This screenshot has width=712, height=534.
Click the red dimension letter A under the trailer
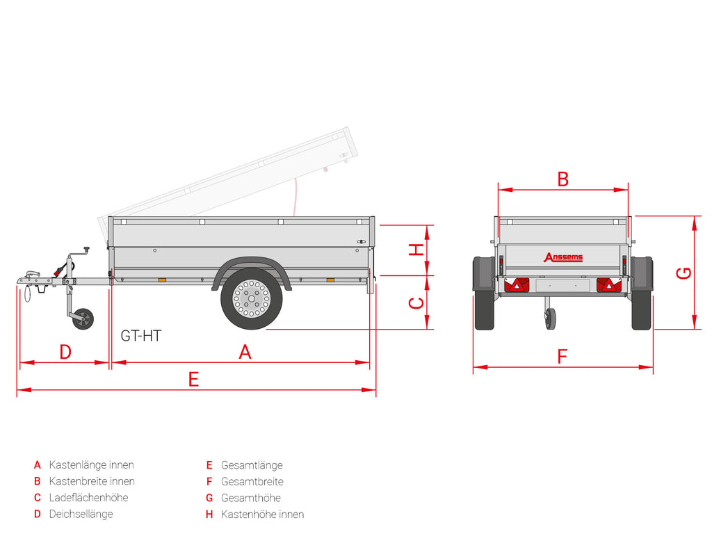point(245,352)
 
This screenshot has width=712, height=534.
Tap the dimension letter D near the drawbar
point(65,352)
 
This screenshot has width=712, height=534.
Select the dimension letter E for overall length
point(193,379)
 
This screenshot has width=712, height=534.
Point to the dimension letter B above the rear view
point(563,179)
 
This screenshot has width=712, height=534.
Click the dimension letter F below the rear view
point(562,357)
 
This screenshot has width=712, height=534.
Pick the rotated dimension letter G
point(684,273)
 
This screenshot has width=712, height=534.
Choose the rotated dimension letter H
point(416,250)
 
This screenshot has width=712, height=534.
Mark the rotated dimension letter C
point(416,303)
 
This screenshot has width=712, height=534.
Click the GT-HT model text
point(140,336)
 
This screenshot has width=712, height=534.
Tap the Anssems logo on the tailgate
point(563,257)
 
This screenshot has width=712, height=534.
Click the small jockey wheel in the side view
point(83,318)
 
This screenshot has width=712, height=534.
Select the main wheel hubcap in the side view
point(251,298)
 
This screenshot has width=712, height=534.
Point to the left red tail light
point(517,285)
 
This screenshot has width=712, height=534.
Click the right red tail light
point(609,285)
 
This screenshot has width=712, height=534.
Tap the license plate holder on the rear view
point(563,286)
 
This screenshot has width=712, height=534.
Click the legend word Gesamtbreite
point(252,481)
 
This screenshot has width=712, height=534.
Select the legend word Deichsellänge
point(81,514)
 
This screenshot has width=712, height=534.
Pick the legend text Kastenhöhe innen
point(262,515)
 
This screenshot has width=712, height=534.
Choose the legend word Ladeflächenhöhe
point(88,498)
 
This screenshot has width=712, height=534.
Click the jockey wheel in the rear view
point(551,318)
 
